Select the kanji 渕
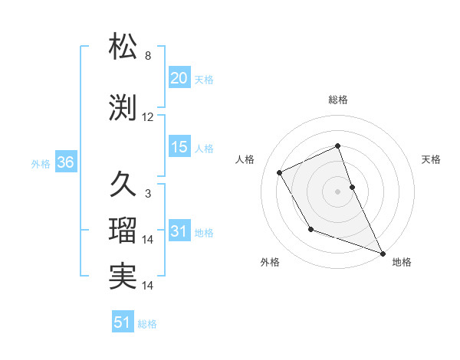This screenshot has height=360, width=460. pos(123,108)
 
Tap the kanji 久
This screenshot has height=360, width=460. pos(123,185)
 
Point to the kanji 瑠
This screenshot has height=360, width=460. pos(123,231)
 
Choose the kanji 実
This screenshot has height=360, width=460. pos(123,277)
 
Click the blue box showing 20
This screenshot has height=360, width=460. pos(179,78)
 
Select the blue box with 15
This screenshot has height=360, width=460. pos(179,147)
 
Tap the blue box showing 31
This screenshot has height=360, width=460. pos(179,232)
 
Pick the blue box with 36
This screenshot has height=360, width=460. pos(64,162)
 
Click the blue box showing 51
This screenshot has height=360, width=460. pos(123,322)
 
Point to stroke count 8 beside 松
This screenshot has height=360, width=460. pos(148,56)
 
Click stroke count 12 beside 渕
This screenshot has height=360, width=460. pos(148,117)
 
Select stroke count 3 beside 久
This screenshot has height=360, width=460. pos(148,194)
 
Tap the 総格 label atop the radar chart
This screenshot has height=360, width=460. pos(338,100)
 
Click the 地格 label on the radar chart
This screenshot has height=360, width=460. pos(402,262)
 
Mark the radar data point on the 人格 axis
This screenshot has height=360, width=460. pos(280,172)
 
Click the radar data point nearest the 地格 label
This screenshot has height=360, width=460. pos(383,254)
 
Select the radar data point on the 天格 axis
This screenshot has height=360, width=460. pos(352,186)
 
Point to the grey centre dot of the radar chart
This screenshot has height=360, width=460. pos(338,191)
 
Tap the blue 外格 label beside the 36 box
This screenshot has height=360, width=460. pos(41,163)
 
